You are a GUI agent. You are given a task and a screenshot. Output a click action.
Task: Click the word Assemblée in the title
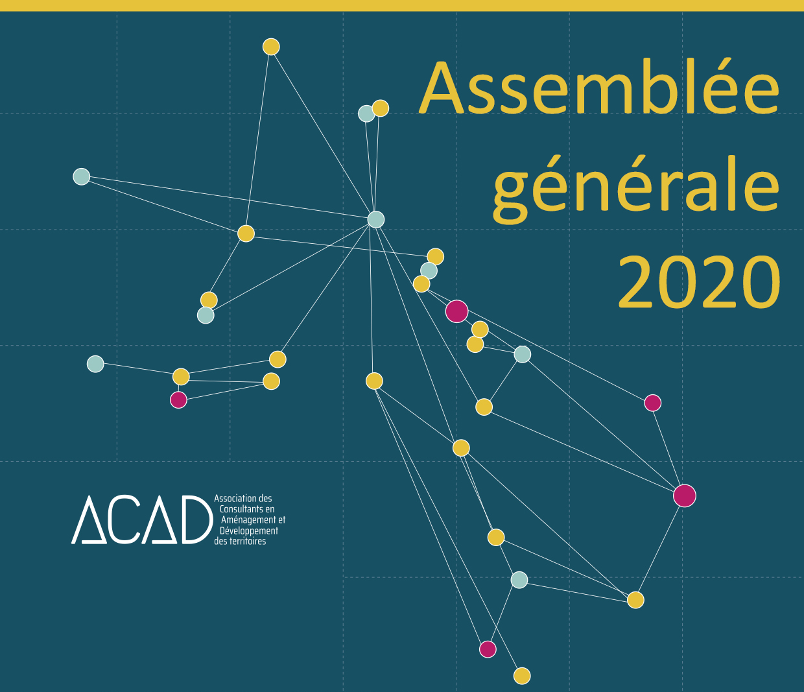(599, 88)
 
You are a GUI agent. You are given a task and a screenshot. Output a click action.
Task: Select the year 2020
(699, 282)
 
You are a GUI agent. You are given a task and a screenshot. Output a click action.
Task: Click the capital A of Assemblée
(445, 88)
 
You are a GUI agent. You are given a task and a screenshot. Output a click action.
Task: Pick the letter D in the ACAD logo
(197, 519)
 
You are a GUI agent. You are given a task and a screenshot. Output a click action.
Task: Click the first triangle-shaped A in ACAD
(89, 519)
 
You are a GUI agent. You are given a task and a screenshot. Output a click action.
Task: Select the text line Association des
(242, 498)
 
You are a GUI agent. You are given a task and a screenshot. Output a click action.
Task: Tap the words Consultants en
(247, 509)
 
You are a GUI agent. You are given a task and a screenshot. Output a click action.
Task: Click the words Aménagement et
(254, 519)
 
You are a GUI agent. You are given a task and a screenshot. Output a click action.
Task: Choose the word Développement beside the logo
(249, 531)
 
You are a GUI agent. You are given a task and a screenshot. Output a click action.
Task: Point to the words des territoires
(240, 542)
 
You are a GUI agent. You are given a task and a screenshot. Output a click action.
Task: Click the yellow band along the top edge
(402, 5)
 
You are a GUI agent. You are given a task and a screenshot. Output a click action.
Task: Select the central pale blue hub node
(376, 219)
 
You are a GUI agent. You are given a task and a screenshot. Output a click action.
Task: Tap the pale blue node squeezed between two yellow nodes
(429, 270)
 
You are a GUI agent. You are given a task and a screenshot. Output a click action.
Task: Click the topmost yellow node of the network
(271, 47)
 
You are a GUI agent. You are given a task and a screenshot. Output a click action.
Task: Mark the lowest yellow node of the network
(522, 676)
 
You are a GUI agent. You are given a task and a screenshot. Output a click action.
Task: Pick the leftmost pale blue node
(81, 176)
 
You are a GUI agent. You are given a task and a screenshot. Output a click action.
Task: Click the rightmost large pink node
(685, 495)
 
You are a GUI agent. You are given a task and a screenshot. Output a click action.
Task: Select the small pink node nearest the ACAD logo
(178, 400)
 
